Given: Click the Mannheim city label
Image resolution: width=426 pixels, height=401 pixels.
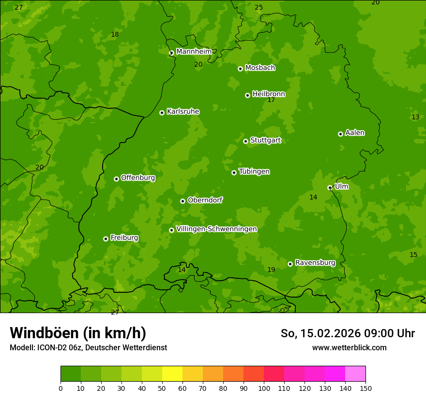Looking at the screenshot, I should point(194,52).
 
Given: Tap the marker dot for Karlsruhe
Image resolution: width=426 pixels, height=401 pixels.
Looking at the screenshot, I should point(162,113).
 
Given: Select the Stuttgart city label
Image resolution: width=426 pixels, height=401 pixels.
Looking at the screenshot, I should point(265,141).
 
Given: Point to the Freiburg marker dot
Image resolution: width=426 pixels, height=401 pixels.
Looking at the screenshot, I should point(106,239).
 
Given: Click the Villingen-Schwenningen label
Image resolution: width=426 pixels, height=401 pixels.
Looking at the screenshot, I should point(216,229).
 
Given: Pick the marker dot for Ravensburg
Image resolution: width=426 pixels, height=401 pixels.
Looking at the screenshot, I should point(290,264).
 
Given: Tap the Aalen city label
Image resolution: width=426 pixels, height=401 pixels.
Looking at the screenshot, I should point(355,133).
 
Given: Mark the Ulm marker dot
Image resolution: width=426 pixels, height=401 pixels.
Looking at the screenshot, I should point(330,187).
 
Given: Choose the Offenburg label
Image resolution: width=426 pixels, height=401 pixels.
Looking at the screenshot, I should point(138,178).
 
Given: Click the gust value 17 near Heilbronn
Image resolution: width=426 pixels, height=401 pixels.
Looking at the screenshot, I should point(271,100).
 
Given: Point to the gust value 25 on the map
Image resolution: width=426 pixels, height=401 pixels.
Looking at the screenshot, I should point(259,8).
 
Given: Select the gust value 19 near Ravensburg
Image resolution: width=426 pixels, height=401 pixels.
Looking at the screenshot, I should point(271,270).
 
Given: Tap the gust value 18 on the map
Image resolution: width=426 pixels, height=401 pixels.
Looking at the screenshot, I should point(115,35).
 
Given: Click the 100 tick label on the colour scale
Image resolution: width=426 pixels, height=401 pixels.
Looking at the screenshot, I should point(264,388).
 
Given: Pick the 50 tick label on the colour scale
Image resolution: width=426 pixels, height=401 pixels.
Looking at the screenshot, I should point(162,388).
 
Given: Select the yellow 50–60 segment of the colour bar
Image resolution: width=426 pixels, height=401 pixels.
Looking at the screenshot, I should point(172,374).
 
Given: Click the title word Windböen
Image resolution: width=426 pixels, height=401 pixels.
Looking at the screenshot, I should point(44,333).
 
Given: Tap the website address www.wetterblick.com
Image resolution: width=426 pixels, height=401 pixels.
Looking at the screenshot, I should point(349,347).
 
